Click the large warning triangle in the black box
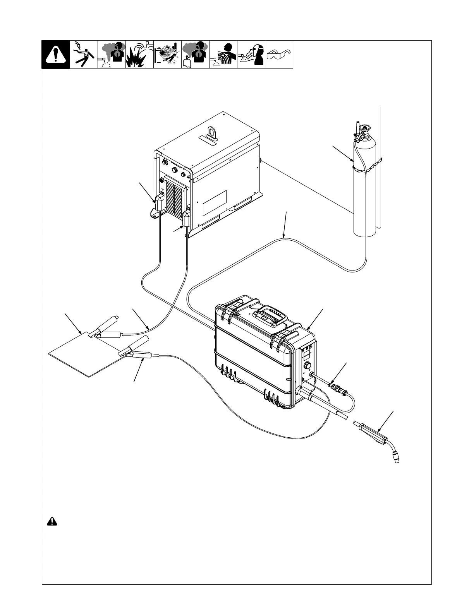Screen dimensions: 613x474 (56, 55)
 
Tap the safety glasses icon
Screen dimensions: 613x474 (279, 54)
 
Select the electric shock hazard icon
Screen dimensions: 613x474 (84, 55)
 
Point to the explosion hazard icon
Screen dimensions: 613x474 (139, 55)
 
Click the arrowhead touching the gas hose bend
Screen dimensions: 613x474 (284, 236)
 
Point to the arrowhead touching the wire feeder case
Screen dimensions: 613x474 (308, 329)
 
